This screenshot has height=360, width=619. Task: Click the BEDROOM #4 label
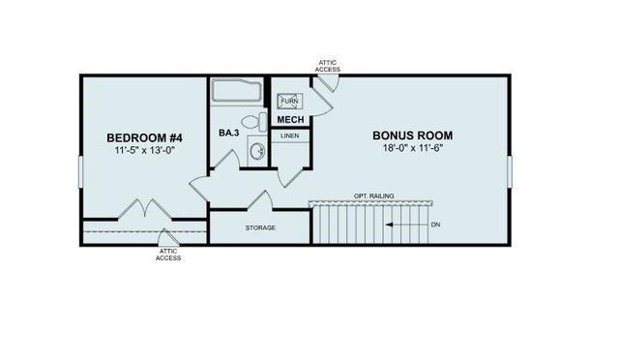click(x=143, y=138)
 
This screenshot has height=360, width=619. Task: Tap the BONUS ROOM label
click(x=413, y=135)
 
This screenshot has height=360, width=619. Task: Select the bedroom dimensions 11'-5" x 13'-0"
click(x=143, y=152)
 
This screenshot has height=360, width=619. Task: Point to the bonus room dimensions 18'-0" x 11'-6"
click(x=413, y=149)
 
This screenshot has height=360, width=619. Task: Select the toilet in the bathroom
click(x=253, y=122)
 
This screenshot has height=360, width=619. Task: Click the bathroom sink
click(x=256, y=150)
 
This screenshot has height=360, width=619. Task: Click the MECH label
click(x=290, y=120)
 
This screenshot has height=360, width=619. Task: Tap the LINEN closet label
click(x=290, y=136)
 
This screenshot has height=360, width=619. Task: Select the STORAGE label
click(x=259, y=227)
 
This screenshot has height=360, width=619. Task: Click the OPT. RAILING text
click(x=372, y=195)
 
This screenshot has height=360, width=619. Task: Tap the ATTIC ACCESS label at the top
click(x=329, y=66)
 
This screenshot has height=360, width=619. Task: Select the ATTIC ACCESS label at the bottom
click(x=167, y=255)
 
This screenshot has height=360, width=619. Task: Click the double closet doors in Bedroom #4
click(x=143, y=209)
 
